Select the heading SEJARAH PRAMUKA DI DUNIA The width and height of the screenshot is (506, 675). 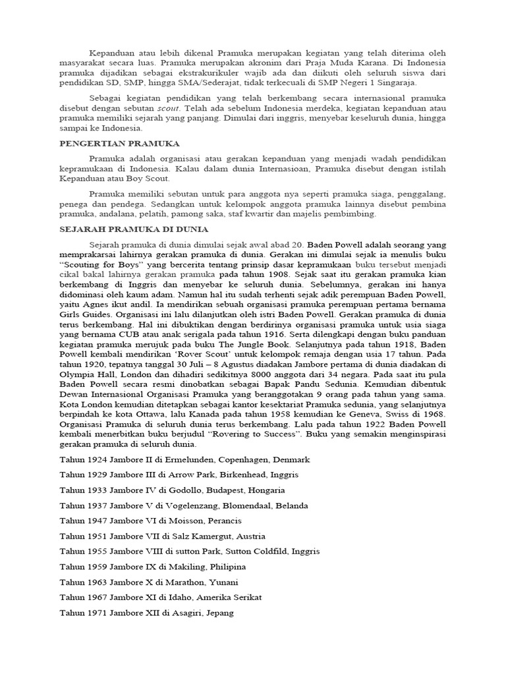134,229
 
